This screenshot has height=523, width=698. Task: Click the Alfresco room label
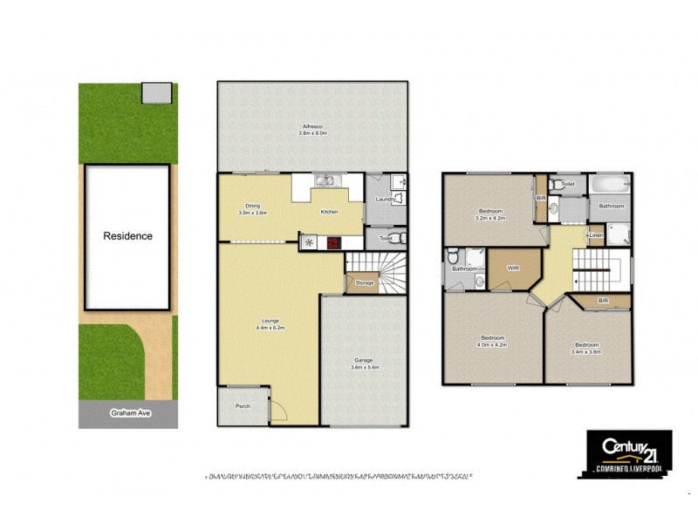(311, 127)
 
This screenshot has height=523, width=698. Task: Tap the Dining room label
(251, 207)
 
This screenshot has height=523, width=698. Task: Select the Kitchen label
(329, 212)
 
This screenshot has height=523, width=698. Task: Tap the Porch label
(243, 407)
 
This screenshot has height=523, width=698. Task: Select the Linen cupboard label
(596, 235)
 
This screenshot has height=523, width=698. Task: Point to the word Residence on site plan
(128, 235)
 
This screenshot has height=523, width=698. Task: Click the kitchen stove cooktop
(332, 243)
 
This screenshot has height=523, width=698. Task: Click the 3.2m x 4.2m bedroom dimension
(488, 218)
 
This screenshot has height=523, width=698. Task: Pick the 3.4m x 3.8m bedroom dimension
(585, 352)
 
